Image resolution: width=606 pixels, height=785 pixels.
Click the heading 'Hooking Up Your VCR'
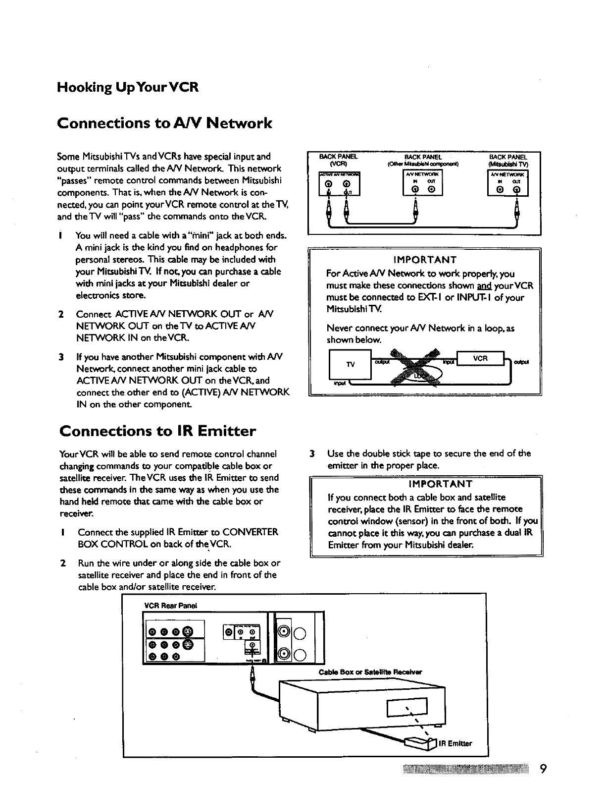click(x=128, y=88)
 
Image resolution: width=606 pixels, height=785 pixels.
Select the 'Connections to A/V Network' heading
click(x=164, y=122)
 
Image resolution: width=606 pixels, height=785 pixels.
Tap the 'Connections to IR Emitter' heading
click(x=157, y=431)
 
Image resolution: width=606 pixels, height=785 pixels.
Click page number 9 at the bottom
click(x=543, y=769)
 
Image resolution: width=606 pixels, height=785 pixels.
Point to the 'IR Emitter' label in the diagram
click(x=455, y=743)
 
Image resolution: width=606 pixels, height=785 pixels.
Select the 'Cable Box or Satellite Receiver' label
click(x=370, y=673)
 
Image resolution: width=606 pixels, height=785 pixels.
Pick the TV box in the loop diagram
click(x=350, y=364)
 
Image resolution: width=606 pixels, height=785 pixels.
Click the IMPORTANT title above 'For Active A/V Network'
click(x=424, y=260)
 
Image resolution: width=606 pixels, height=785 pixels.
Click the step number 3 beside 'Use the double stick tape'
click(x=312, y=453)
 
